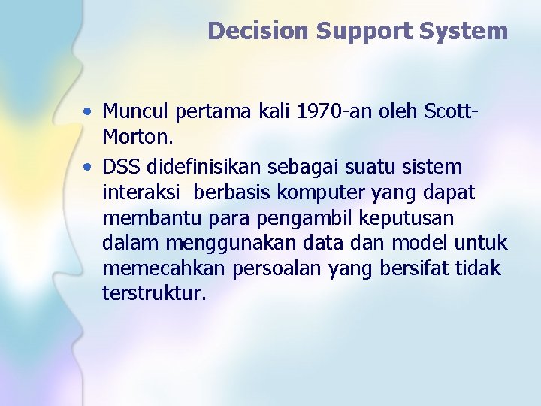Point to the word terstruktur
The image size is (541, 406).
pyautogui.click(x=153, y=294)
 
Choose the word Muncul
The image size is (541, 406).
pyautogui.click(x=136, y=112)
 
